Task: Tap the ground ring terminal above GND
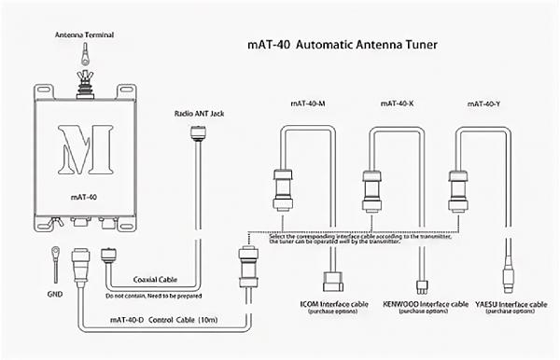click(55, 253)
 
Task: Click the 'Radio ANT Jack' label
click(199, 114)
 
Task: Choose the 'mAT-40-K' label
click(398, 104)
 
